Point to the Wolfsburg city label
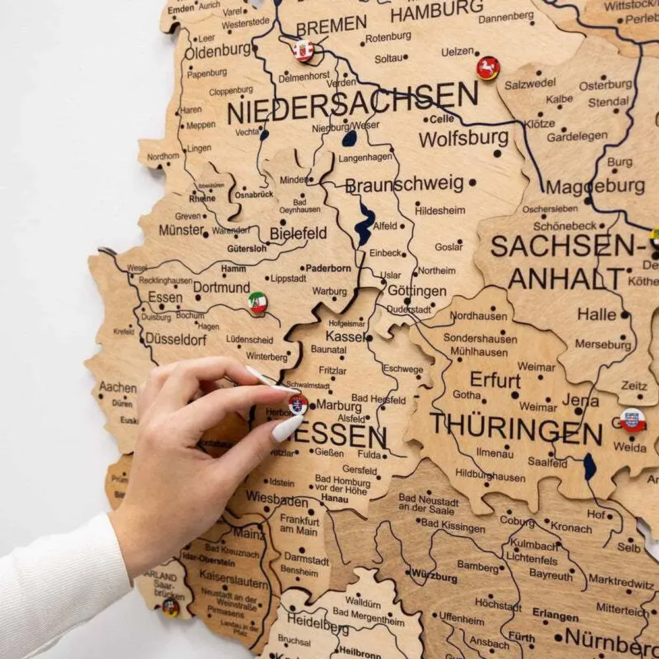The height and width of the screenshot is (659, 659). pos(463,138)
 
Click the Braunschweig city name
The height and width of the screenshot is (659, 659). pos(405,185)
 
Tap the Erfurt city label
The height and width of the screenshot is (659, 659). pos(495,380)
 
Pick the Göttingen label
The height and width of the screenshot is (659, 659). pos(417,291)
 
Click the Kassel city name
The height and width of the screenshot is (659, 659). pos(345,336)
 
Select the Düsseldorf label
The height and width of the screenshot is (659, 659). pos(176,339)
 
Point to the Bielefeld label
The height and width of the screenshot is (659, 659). pos(298,233)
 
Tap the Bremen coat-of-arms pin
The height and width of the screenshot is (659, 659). pos(303,51)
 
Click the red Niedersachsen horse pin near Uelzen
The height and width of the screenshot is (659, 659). pos(488,68)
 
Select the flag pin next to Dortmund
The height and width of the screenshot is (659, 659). pos(258,302)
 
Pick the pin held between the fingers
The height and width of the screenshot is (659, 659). pos(298,404)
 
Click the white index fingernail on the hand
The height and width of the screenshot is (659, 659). pos(288,428)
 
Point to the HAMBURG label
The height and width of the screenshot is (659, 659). pos(436,11)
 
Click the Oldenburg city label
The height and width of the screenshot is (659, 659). pos(217,50)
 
